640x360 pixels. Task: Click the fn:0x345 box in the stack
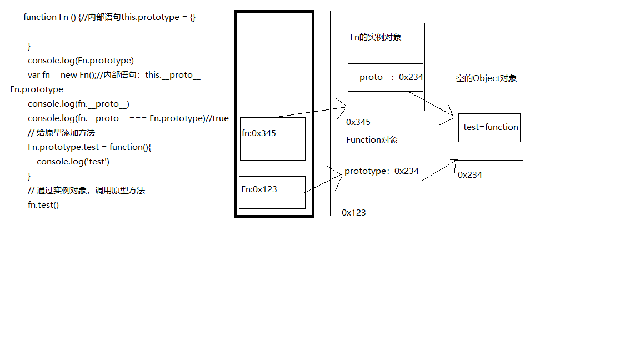[x=272, y=138]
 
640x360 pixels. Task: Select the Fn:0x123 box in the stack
[x=272, y=192]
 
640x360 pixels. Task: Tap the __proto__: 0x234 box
[x=385, y=77]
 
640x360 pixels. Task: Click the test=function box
[x=489, y=127]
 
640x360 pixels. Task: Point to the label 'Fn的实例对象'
[x=376, y=37]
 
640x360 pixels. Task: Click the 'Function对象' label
[x=372, y=140]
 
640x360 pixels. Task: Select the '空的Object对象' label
[x=486, y=78]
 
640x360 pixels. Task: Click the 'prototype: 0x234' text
[x=381, y=171]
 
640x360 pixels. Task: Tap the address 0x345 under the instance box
[x=358, y=122]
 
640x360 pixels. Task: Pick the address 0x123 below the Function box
[x=353, y=212]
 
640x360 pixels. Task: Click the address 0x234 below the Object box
[x=470, y=174]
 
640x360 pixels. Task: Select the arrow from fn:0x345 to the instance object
[x=311, y=112]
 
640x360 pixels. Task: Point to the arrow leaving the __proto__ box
[x=431, y=104]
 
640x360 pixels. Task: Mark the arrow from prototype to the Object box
[x=439, y=170]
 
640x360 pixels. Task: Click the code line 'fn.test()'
[x=43, y=204]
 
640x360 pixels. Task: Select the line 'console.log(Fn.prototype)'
[x=81, y=60]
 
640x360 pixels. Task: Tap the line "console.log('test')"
[x=73, y=161]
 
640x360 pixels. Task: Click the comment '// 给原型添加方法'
[x=61, y=132]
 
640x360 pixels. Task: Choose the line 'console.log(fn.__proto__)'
[x=78, y=103]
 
